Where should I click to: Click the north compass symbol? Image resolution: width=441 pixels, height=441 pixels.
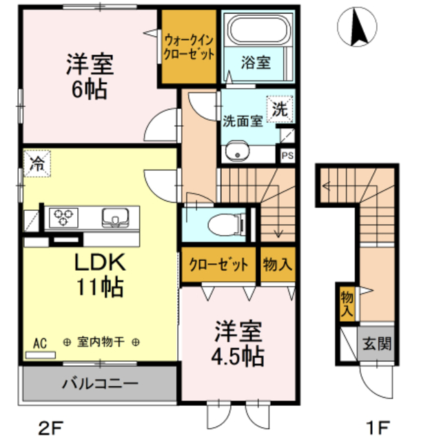358,27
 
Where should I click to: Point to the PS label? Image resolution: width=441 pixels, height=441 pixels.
287,156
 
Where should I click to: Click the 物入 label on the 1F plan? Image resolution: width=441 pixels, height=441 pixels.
347,303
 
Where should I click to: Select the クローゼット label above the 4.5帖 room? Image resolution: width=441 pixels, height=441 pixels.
219,265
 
